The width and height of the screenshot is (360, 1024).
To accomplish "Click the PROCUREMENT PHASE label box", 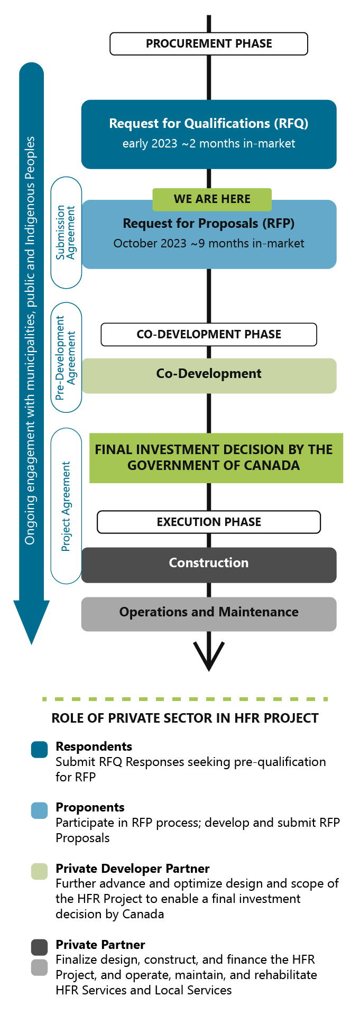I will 209,44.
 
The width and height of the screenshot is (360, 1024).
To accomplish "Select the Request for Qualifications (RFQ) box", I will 209,134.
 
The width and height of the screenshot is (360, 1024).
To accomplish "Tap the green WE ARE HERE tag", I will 212,199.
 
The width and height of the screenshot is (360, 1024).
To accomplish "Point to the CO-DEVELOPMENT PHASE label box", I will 209,335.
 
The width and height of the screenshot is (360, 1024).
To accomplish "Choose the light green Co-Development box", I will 209,376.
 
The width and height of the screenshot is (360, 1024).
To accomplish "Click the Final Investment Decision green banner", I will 216,458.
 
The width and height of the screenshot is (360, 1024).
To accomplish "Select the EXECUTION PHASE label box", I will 209,522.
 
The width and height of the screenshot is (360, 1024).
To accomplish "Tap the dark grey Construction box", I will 209,565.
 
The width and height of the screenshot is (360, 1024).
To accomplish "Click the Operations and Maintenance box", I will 209,614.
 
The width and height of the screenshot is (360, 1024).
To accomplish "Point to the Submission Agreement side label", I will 66,233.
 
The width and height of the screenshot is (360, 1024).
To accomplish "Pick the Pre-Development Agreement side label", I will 66,357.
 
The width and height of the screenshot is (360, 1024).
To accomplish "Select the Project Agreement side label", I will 66,506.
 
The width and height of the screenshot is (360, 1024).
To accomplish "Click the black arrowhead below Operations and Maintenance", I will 209,658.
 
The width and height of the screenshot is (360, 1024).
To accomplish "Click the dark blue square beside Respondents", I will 40,750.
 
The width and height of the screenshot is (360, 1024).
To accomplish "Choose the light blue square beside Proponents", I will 40,810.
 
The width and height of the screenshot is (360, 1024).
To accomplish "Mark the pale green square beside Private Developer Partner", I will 40,871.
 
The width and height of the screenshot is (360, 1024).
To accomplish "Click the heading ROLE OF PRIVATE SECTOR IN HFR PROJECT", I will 185,718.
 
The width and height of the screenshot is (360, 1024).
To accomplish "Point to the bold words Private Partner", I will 100,945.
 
